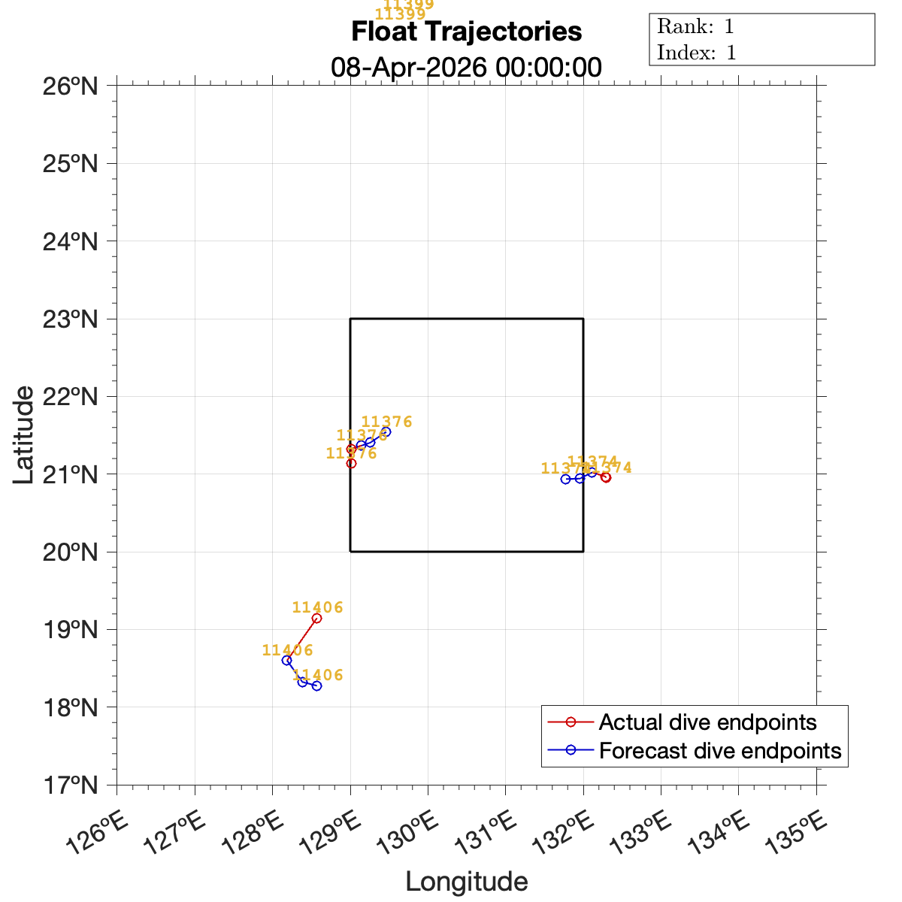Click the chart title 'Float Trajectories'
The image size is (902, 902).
point(466,32)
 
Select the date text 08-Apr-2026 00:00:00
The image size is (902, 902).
point(466,67)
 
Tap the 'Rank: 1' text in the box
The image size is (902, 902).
point(695,27)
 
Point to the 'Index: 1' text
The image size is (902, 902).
point(696,53)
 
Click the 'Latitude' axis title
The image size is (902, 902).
point(24,434)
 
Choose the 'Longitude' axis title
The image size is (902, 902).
point(466,882)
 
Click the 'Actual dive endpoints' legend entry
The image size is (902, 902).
point(707,722)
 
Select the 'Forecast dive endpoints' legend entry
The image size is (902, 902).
point(719,750)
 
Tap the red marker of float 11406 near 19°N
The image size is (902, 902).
point(316,618)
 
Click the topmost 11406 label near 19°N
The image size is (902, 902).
point(317,607)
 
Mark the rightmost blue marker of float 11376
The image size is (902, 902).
point(386,431)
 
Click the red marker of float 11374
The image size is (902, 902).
point(606,477)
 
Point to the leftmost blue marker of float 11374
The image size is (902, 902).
point(566,479)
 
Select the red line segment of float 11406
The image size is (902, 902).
point(301,639)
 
